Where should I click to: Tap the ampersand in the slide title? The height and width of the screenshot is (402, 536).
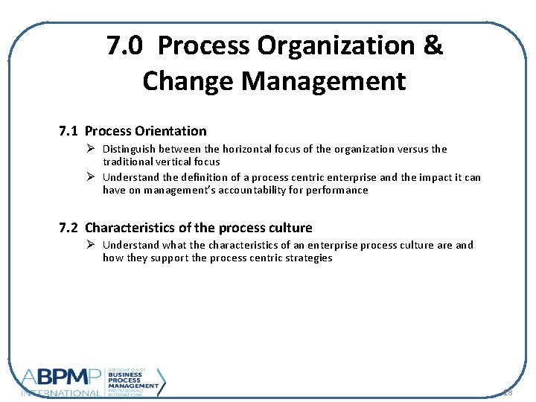click(433, 46)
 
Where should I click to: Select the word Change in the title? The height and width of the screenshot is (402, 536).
click(185, 80)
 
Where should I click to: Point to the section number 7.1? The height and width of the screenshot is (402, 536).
click(69, 131)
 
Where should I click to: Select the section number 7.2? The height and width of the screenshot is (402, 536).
click(69, 228)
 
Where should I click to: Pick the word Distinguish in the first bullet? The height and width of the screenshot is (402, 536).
click(129, 149)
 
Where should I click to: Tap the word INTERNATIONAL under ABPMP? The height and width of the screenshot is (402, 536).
click(60, 392)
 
